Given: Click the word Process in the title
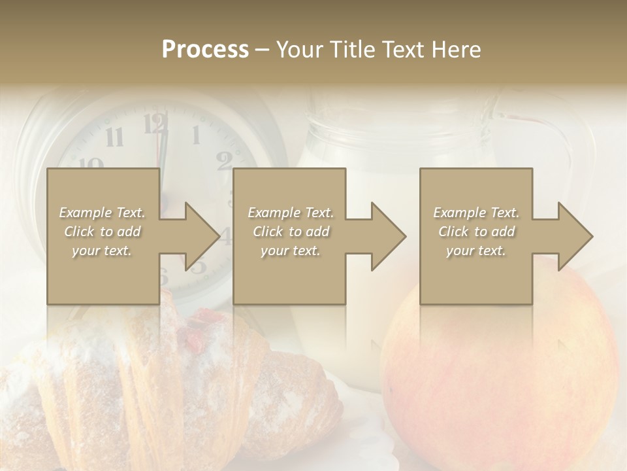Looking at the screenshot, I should point(205,50).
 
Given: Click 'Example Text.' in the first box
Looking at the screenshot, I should point(103,213).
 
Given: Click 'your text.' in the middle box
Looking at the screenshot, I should point(290,251).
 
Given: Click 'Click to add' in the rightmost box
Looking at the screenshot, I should point(476,232).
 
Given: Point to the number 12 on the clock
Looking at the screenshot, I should point(155,123).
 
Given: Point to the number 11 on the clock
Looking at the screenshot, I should point(114,137).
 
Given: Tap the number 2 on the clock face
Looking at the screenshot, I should point(224,160).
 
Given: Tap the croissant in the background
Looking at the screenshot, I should point(163,386).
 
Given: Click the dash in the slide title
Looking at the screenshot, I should point(263,50).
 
